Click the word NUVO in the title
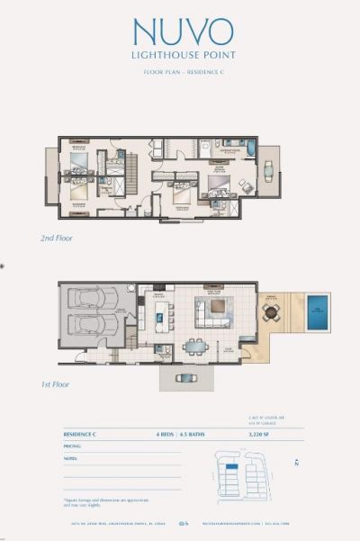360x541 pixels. point(183,32)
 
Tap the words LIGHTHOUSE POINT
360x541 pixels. point(183,55)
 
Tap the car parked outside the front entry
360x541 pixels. point(187,377)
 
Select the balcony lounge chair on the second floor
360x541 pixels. point(268,166)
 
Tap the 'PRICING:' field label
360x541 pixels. point(73,446)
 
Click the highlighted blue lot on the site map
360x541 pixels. point(231,470)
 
